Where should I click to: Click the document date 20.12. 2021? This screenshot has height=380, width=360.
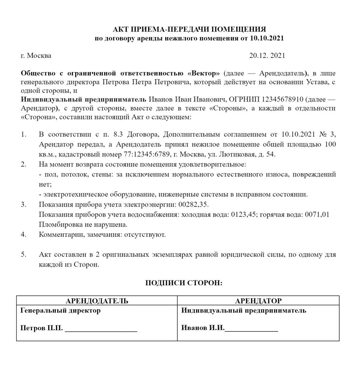click(267, 56)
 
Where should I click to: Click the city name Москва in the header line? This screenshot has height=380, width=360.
click(39, 56)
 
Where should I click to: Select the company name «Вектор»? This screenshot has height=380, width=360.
click(203, 73)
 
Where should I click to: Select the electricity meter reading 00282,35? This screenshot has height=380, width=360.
click(193, 205)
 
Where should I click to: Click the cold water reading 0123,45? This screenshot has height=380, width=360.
click(244, 215)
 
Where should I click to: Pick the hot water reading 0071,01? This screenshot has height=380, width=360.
click(317, 215)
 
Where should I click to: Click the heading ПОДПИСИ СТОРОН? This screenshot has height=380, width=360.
click(184, 283)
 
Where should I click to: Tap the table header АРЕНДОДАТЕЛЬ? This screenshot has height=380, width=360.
click(97, 301)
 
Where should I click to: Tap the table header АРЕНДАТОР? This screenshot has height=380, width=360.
click(258, 301)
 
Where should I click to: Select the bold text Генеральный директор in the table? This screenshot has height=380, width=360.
click(61, 311)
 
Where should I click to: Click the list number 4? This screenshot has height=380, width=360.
click(24, 235)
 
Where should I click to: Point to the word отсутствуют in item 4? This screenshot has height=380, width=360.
click(149, 235)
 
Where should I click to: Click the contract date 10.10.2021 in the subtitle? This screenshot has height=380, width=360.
click(266, 38)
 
